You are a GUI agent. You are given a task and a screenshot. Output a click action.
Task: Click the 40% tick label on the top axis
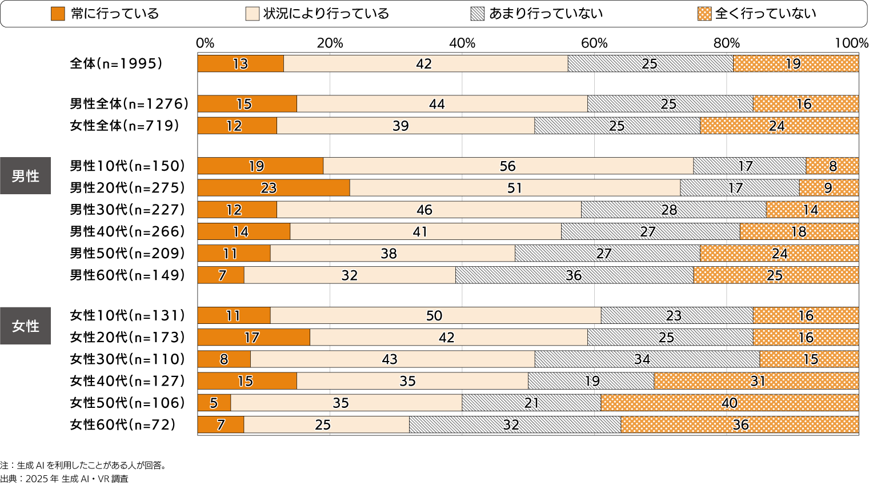[x=462, y=43]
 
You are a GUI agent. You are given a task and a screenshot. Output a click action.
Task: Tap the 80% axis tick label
[x=726, y=43]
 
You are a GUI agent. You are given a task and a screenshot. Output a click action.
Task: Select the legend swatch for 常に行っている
[x=58, y=14]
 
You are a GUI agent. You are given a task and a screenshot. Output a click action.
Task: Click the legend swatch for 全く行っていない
[x=704, y=14]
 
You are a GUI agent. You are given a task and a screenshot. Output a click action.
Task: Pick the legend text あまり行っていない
[x=546, y=14]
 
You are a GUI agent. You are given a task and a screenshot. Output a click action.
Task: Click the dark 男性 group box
[x=26, y=176]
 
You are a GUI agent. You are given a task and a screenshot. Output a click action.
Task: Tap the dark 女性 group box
[x=26, y=326]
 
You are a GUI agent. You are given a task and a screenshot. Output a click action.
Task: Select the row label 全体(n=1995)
[x=116, y=63]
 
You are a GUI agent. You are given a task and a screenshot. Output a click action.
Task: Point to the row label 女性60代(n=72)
[x=122, y=424]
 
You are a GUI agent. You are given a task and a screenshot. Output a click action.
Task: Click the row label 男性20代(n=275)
[x=127, y=188]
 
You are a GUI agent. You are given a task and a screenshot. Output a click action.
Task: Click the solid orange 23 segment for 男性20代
[x=274, y=188]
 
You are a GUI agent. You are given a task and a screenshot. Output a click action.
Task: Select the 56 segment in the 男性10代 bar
[x=508, y=166]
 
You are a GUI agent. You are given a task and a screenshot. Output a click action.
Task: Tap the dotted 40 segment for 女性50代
[x=730, y=403]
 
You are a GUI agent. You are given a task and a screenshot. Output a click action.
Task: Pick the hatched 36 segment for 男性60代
[x=574, y=275]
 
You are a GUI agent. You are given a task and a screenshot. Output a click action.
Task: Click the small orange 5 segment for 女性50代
[x=214, y=403]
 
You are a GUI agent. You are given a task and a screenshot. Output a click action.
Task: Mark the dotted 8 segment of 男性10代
[x=832, y=166]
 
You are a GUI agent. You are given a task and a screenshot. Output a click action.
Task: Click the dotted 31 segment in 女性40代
[x=756, y=381]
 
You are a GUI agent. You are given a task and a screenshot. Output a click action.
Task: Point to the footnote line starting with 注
[x=83, y=465]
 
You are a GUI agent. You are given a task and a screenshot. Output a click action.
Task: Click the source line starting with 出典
[x=64, y=479]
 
